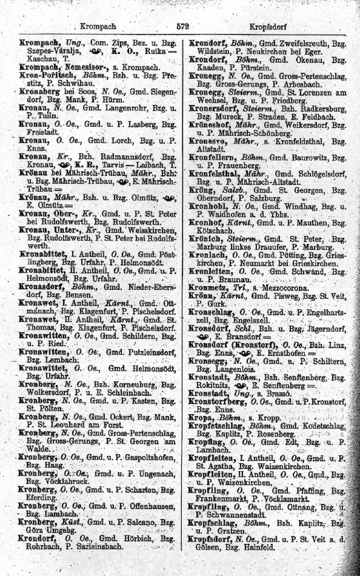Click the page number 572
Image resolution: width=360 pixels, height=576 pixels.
click(x=184, y=27)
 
